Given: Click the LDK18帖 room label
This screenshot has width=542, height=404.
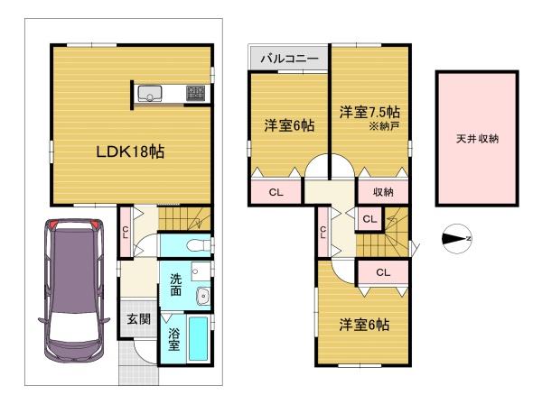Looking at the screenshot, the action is click(130, 151).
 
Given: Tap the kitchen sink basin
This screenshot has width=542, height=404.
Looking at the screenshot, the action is click(150, 94).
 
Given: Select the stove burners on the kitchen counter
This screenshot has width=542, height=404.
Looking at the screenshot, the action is click(196, 93).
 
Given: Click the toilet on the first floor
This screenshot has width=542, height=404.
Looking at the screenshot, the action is click(198, 246).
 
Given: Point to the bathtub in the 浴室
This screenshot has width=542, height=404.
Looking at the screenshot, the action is click(198, 339).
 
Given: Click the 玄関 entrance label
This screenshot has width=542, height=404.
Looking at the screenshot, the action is click(138, 319).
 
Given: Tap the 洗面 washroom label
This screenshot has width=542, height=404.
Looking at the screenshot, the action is click(175, 285).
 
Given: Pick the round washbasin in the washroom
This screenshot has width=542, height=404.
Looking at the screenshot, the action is click(203, 296).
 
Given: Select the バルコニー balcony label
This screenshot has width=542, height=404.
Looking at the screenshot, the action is click(289, 58).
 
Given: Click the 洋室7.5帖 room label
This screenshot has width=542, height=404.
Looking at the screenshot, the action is click(369, 112).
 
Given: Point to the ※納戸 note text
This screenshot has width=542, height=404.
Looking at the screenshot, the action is click(385, 126).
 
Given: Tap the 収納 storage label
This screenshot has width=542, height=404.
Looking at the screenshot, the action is click(383, 192).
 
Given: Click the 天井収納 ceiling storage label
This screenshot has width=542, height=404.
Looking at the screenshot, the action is click(477, 139).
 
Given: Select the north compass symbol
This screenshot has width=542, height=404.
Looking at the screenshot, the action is click(457, 238).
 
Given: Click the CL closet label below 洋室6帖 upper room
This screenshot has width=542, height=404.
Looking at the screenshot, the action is click(276, 192).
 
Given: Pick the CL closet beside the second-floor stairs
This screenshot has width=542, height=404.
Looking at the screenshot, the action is click(369, 219).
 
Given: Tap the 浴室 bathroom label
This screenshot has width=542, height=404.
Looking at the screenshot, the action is click(173, 339).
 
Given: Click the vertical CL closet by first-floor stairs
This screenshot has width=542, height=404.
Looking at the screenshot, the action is click(126, 232).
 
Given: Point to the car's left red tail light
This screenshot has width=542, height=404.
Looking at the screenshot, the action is click(51, 224).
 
